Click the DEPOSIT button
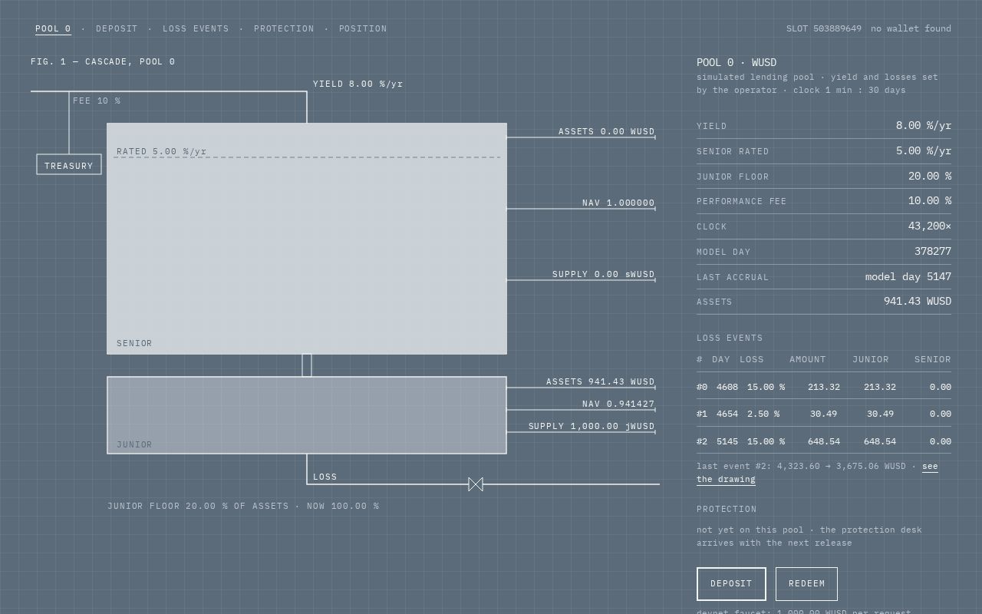coord(731,584)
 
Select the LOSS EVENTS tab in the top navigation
coord(196,29)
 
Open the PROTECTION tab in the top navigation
coord(284,29)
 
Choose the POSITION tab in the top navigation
coord(363,29)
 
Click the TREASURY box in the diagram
coord(69,164)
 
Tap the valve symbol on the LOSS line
coord(476,484)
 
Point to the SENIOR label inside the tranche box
coord(134,343)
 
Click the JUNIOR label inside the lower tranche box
coord(134,444)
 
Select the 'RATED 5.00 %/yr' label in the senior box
coord(161,151)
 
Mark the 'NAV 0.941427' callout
coord(618,404)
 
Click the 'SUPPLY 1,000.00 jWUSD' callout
coord(592,426)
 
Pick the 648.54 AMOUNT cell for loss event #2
coord(824,441)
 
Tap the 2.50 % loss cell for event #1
coord(763,414)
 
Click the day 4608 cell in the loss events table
coord(727,388)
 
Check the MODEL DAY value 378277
coord(932,251)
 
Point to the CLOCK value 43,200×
coord(929,226)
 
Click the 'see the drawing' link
coord(817,473)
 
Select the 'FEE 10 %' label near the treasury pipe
coord(97,101)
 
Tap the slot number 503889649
coord(837,29)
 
